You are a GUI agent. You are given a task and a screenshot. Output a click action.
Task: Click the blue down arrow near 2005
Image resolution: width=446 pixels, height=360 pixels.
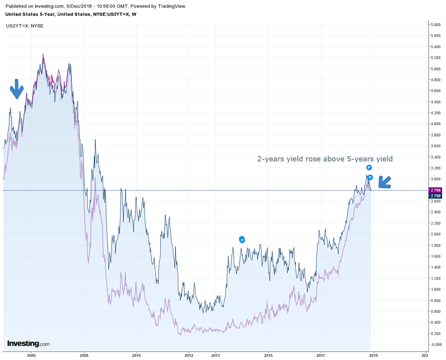[x=17, y=89]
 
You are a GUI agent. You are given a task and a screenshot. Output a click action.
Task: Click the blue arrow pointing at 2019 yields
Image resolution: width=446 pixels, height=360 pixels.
[x=385, y=182]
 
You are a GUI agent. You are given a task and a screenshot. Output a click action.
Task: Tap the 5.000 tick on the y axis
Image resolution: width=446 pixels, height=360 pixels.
[x=435, y=68]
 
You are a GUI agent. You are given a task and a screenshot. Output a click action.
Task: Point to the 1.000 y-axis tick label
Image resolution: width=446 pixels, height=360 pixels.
[x=435, y=289]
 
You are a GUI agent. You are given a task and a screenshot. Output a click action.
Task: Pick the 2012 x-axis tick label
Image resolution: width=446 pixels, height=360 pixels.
[x=188, y=355]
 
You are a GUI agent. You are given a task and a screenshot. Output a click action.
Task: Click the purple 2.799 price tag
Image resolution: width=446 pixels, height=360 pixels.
[x=435, y=191]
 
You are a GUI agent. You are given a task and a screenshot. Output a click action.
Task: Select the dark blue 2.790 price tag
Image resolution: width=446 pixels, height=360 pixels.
[x=435, y=196]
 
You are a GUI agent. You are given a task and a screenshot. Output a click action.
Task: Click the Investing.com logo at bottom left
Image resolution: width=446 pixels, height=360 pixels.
[x=28, y=344]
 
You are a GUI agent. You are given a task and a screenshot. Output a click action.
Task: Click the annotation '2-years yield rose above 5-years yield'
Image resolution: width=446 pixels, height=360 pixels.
[x=324, y=159]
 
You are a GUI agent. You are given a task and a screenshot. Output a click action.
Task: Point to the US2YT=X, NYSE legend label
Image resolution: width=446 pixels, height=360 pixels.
[x=25, y=25]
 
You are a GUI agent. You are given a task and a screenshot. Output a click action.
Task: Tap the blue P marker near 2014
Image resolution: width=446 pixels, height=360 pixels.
[x=242, y=239]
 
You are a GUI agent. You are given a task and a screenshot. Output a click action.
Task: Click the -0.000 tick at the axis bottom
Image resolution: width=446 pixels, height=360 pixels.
[x=435, y=344]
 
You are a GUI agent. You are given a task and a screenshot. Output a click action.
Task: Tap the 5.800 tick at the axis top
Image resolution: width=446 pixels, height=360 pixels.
[x=435, y=24]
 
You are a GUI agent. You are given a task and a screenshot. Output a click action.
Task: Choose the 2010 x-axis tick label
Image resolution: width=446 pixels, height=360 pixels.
[x=136, y=355]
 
